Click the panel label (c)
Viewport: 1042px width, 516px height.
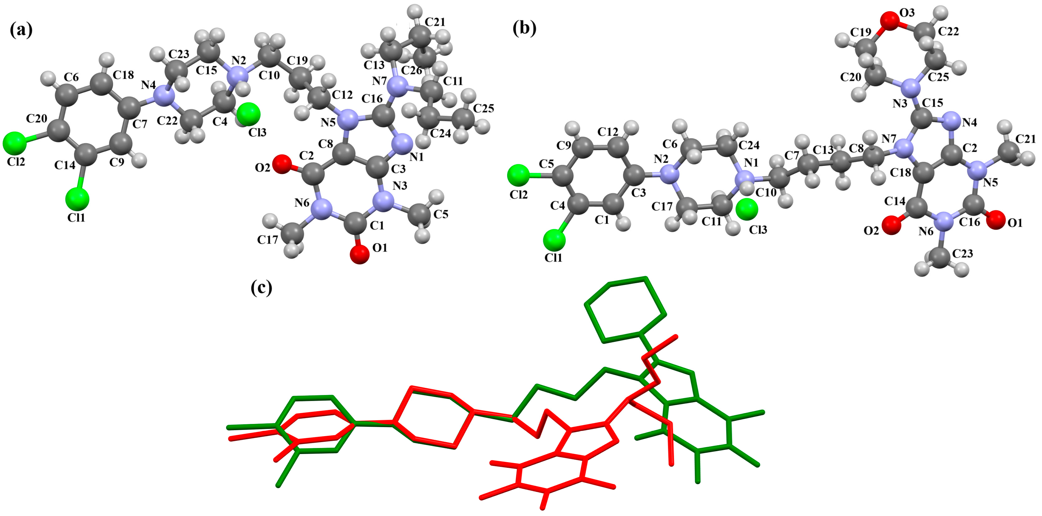[261, 288]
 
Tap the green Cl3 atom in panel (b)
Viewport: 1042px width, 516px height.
[747, 209]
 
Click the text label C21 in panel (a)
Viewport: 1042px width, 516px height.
[435, 22]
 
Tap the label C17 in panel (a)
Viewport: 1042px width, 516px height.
[267, 240]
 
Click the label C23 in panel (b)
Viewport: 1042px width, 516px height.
[962, 254]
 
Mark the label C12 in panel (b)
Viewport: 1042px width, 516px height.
[607, 132]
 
